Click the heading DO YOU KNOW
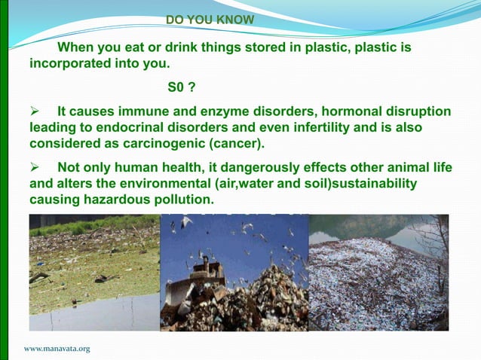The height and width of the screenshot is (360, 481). pyautogui.click(x=210, y=20)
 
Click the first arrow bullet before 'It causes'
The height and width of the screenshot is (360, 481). pyautogui.click(x=34, y=112)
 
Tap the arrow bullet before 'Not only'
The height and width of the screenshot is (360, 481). pyautogui.click(x=34, y=168)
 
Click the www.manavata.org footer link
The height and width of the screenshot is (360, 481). pyautogui.click(x=57, y=349)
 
